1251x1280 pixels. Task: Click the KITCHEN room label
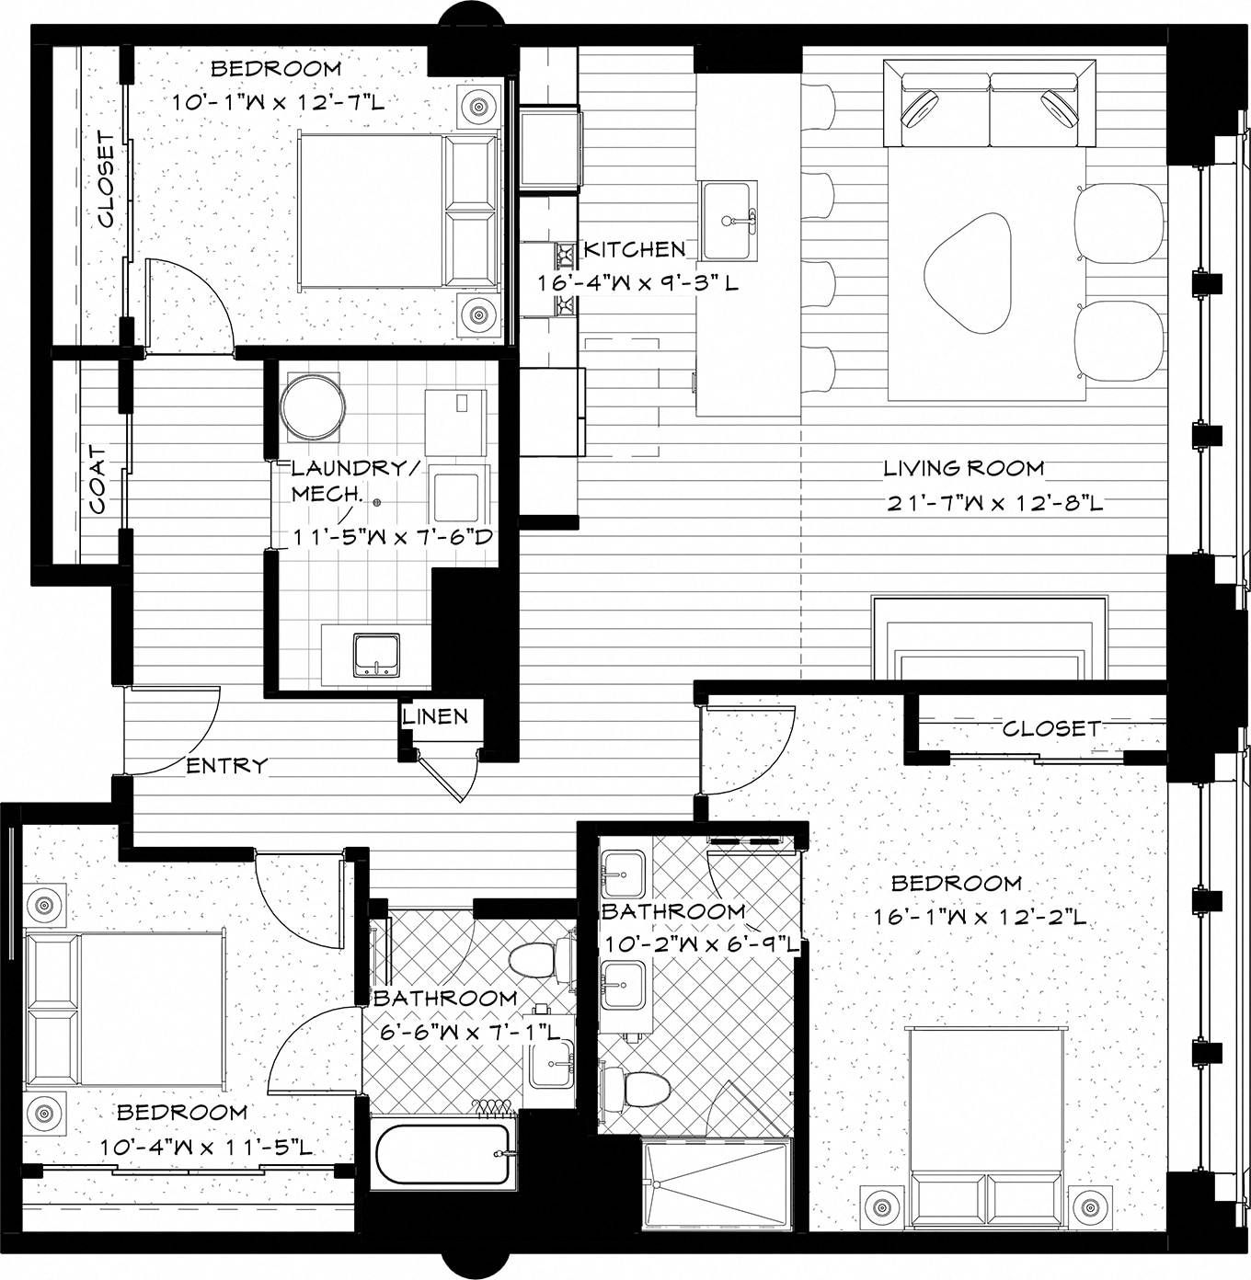pyautogui.click(x=635, y=249)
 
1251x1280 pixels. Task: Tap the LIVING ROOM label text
pyautogui.click(x=963, y=468)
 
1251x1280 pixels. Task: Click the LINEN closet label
pyautogui.click(x=435, y=716)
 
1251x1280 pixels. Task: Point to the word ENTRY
pyautogui.click(x=227, y=765)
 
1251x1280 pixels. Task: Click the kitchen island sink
pyautogui.click(x=728, y=222)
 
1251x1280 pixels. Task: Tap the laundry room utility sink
pyautogui.click(x=376, y=655)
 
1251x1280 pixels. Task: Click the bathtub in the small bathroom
pyautogui.click(x=442, y=1154)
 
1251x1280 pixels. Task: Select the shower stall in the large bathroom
pyautogui.click(x=717, y=1183)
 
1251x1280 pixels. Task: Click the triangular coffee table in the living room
pyautogui.click(x=970, y=272)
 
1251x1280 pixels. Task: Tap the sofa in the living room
pyautogui.click(x=990, y=103)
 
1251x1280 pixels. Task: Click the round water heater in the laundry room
pyautogui.click(x=313, y=407)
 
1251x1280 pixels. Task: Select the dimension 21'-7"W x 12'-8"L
pyautogui.click(x=993, y=503)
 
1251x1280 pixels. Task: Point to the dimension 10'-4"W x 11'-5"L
pyautogui.click(x=207, y=1148)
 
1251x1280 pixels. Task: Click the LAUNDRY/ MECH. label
pyautogui.click(x=353, y=480)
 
